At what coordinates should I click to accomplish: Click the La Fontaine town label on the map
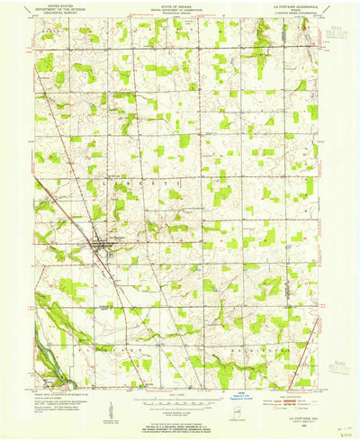tap(114, 237)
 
